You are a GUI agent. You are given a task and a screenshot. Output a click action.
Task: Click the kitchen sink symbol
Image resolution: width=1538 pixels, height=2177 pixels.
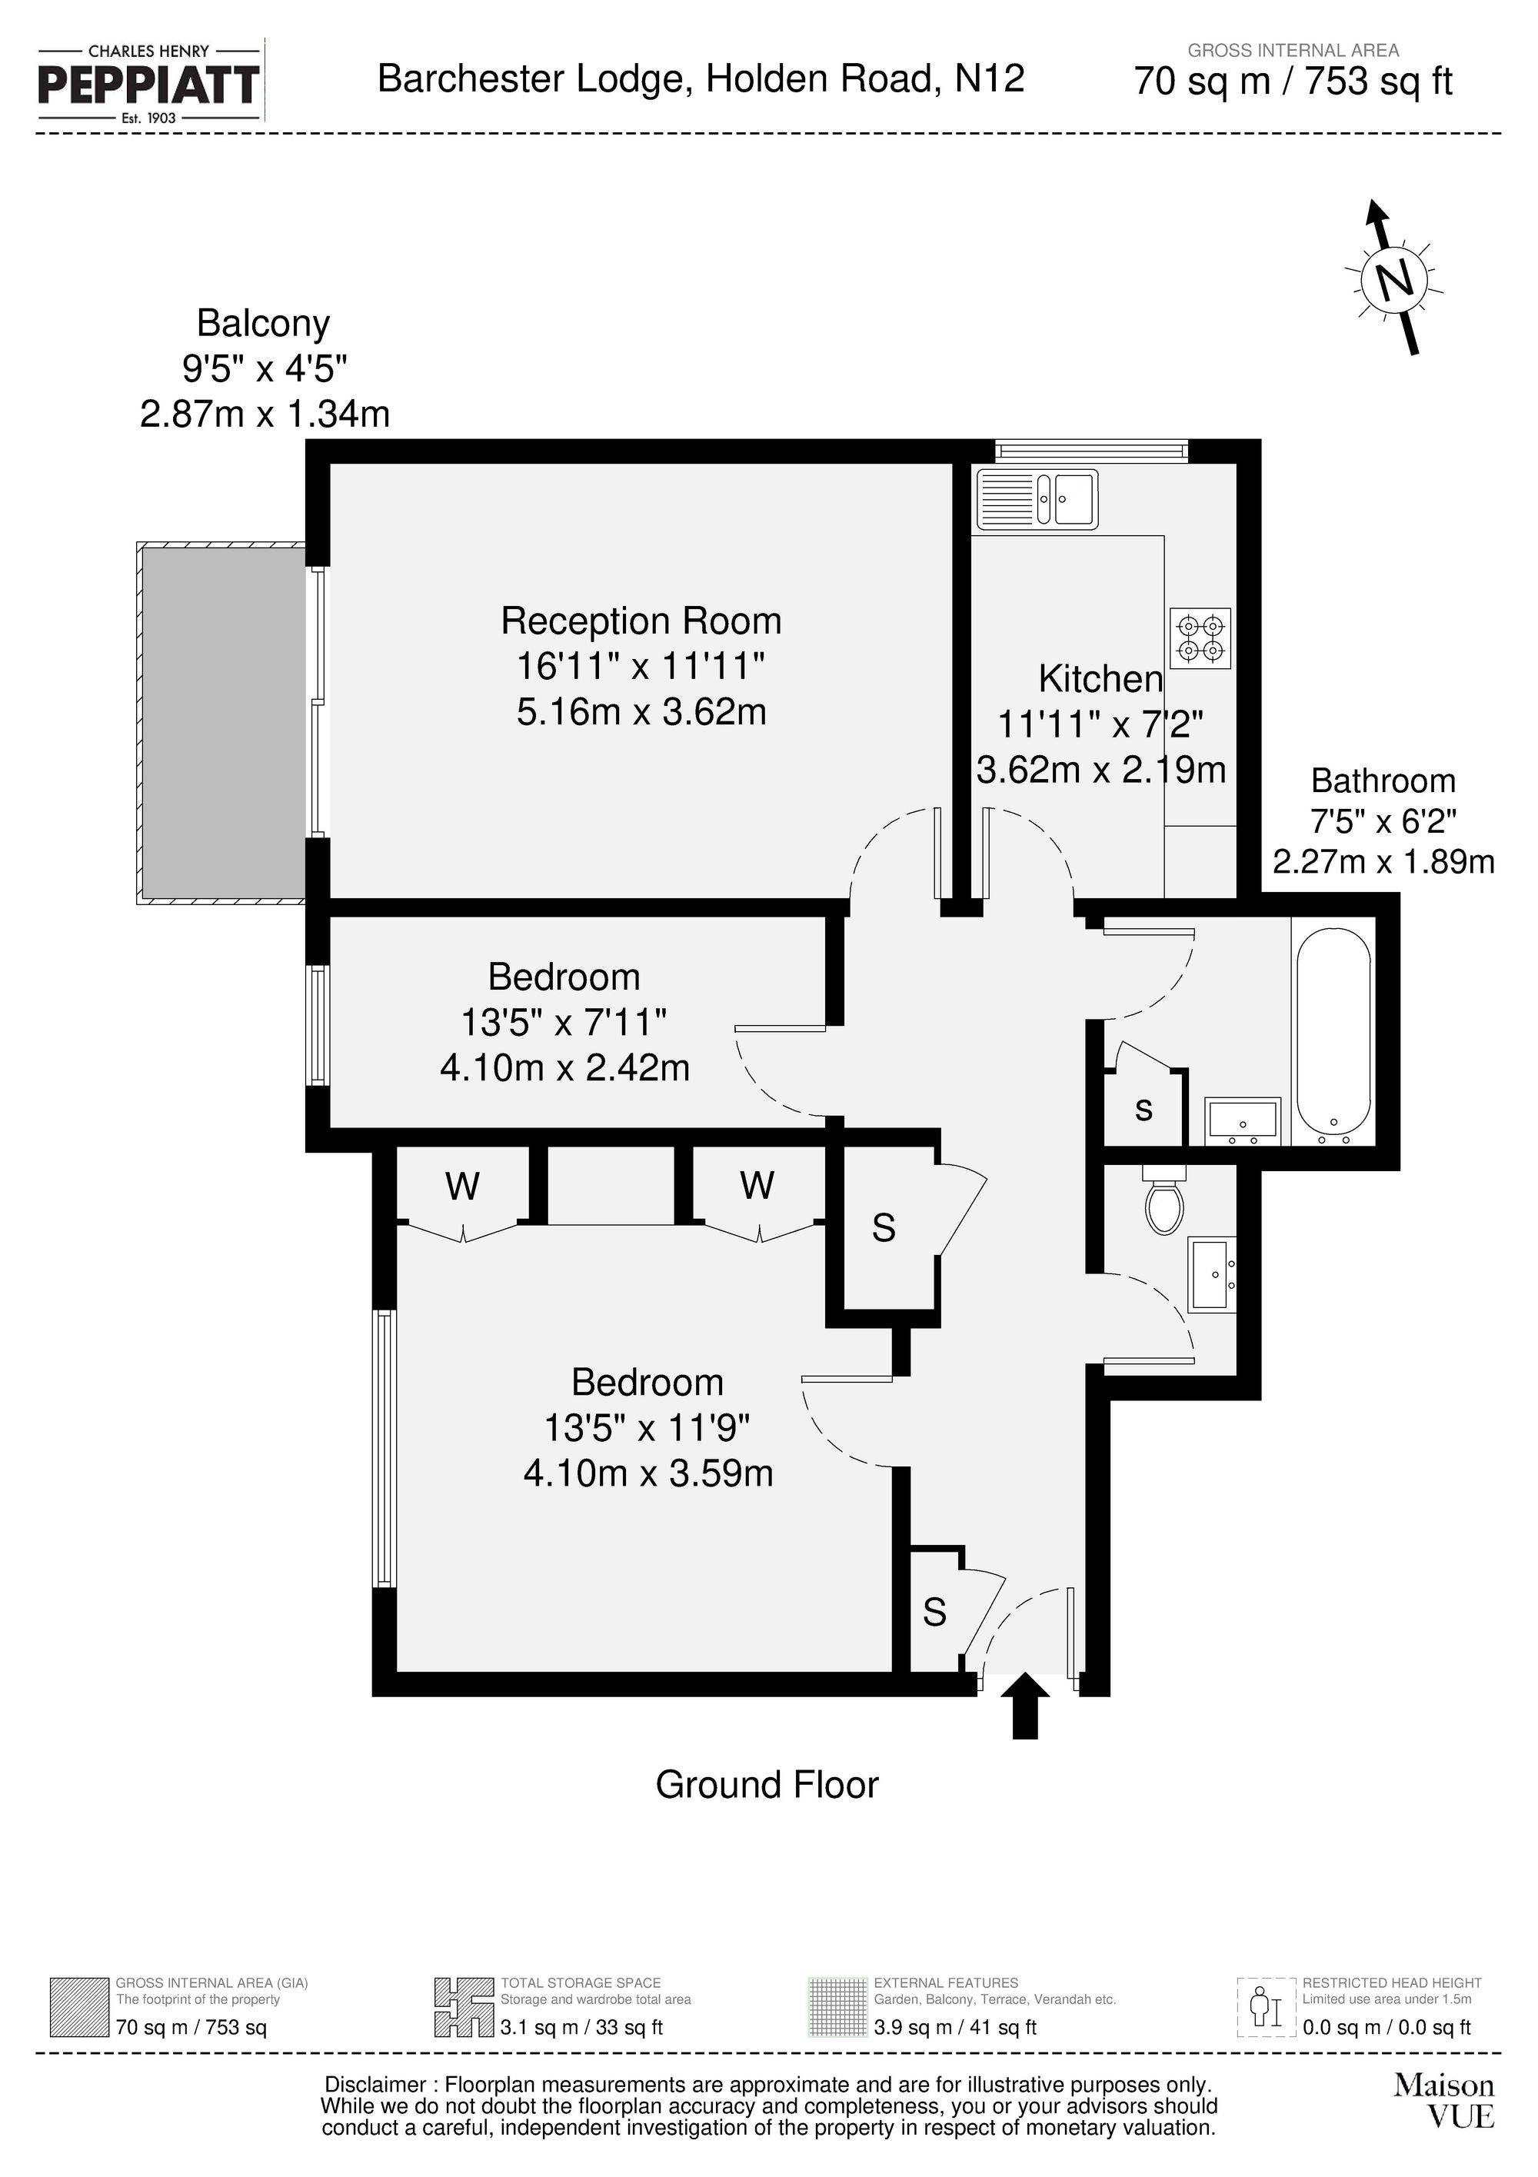click(x=1037, y=498)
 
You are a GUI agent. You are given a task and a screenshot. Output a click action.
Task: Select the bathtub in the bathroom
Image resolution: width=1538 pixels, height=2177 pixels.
click(x=1333, y=1032)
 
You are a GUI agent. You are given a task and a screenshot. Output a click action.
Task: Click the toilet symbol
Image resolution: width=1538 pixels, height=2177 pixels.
click(x=1164, y=1201)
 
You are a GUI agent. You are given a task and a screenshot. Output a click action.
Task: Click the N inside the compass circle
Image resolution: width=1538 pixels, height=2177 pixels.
click(x=1393, y=280)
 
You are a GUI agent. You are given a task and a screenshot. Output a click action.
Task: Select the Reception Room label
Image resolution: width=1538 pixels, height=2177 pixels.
click(x=641, y=621)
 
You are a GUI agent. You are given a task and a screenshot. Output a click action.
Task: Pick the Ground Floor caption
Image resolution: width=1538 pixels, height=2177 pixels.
click(x=767, y=1785)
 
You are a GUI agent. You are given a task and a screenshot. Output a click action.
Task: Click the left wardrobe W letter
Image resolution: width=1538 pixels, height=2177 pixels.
click(x=463, y=1185)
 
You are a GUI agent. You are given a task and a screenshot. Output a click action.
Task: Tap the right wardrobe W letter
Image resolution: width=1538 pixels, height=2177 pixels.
click(x=757, y=1184)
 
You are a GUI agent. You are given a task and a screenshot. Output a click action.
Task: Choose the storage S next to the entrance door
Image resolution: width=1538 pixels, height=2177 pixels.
click(x=934, y=1612)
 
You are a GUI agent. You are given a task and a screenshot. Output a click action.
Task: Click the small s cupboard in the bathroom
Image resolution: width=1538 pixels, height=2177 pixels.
click(x=1144, y=1110)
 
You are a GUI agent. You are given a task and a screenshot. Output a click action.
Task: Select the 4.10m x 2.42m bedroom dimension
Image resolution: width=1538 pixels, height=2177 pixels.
click(x=564, y=1069)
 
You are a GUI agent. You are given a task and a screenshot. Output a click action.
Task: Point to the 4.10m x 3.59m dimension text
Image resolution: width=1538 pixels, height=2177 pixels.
click(x=647, y=1473)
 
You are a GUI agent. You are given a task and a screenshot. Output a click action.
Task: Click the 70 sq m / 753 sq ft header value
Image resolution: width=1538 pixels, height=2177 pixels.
click(x=1293, y=82)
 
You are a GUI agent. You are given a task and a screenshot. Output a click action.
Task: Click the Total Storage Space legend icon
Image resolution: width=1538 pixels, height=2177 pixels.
click(x=464, y=2007)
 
